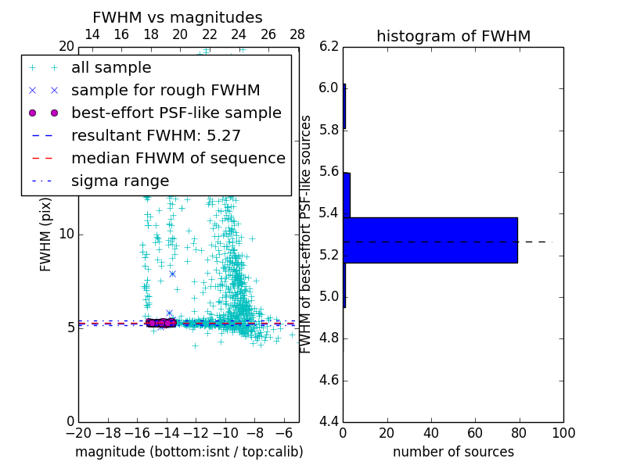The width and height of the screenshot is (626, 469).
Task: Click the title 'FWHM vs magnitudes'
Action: (x=178, y=18)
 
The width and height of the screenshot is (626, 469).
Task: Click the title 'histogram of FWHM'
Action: (x=453, y=36)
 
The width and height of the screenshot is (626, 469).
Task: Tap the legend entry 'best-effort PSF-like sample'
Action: (x=176, y=113)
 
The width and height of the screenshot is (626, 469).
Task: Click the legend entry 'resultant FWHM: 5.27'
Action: (x=156, y=135)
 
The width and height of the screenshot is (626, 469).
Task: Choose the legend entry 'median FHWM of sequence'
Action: (x=178, y=158)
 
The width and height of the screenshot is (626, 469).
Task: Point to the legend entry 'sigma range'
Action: (x=120, y=181)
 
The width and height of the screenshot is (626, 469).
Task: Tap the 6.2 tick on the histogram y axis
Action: (x=330, y=46)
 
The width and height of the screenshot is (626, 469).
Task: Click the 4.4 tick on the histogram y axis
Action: (x=330, y=422)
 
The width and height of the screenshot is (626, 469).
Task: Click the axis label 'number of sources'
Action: (x=453, y=452)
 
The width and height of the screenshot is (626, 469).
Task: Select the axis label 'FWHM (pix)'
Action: (x=46, y=234)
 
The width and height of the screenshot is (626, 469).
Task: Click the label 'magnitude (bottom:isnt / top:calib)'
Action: (x=189, y=452)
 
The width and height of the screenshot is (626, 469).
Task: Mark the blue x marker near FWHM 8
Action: (x=172, y=274)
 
